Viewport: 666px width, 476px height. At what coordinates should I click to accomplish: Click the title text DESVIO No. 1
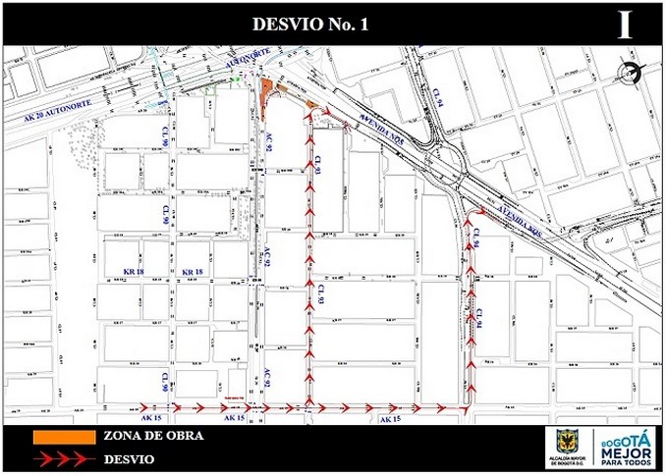tap(310, 25)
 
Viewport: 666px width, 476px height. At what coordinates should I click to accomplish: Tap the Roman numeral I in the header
tap(625, 25)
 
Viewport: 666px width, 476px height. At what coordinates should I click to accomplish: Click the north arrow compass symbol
tap(630, 71)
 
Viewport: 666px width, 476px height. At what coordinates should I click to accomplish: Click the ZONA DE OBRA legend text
tap(153, 436)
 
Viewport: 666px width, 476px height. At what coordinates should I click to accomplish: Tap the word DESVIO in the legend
tap(129, 458)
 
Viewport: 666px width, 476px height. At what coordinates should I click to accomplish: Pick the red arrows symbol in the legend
tap(60, 458)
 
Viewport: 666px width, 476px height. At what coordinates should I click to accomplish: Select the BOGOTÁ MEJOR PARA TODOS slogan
tap(626, 449)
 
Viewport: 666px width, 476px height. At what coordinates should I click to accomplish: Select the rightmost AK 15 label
tap(391, 419)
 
